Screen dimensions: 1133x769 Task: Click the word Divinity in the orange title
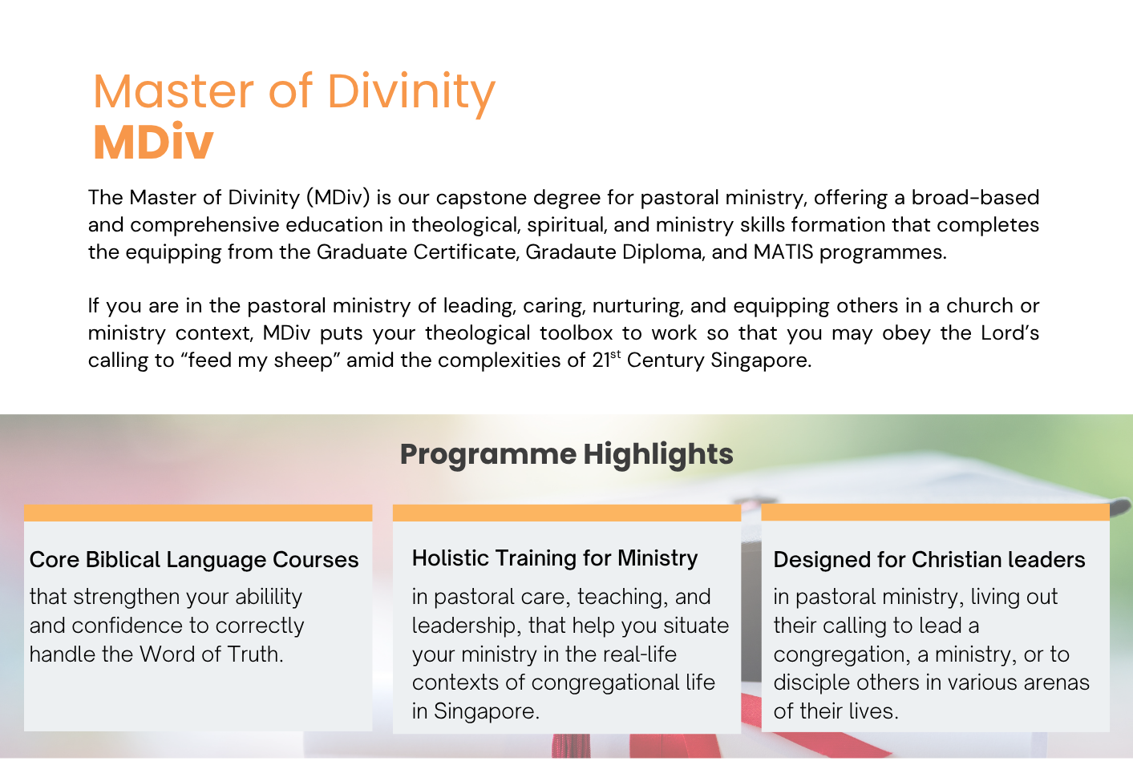coord(411,93)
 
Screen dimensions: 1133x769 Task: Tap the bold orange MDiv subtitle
coord(153,142)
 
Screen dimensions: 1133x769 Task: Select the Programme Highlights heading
coord(566,455)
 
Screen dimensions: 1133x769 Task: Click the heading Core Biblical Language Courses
coord(194,561)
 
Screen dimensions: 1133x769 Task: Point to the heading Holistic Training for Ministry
coord(555,559)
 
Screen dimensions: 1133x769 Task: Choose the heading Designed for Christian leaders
coord(929,560)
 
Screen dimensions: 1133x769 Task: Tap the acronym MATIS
coord(783,252)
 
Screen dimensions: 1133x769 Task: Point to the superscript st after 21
coord(616,355)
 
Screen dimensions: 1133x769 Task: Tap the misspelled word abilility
coord(269,598)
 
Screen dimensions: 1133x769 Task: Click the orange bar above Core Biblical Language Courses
coord(198,513)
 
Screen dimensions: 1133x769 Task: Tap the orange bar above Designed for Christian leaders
coord(935,513)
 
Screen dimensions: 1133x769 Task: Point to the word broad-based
coord(975,198)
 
